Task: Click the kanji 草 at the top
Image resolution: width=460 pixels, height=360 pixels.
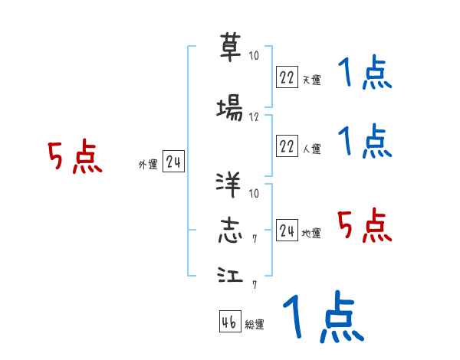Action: coord(230,47)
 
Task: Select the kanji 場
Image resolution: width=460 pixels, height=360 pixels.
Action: coord(230,109)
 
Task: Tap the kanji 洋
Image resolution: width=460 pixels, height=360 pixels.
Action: coord(230,185)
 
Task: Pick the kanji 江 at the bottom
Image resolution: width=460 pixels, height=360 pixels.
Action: coord(230,276)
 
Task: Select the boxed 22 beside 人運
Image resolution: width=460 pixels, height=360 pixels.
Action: coord(286,146)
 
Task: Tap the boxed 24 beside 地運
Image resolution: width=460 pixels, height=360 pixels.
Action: coord(286,230)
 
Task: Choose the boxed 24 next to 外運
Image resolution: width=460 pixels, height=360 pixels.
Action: coord(173,161)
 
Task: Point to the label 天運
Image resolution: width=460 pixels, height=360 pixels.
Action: coord(311,79)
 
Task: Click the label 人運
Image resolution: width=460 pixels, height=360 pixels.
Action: coord(311,149)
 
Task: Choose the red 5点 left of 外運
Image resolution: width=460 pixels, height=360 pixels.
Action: coord(74,158)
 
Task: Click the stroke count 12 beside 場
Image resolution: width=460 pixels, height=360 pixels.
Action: coord(255,117)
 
